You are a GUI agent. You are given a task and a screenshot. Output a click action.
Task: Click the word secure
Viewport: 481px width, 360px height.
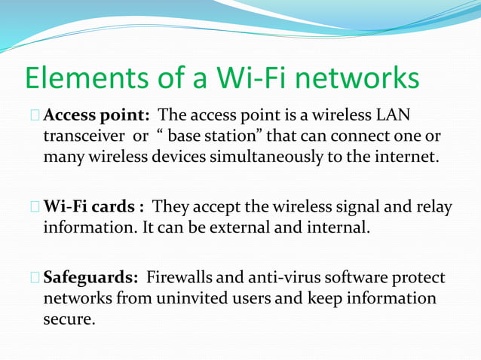coord(69,319)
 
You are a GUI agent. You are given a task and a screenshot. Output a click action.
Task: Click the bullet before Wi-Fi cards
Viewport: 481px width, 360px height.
coord(35,208)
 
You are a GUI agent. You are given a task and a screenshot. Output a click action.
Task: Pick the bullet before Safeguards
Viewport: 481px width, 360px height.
coord(35,279)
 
